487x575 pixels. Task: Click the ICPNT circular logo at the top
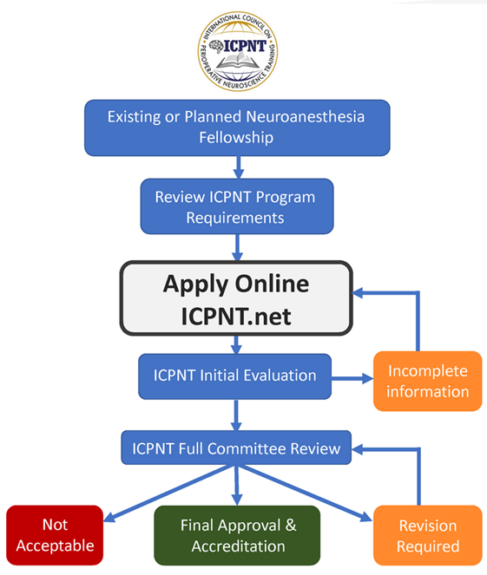coord(238,51)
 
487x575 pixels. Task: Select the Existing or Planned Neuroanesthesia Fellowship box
coord(237,127)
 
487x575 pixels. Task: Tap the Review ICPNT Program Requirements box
coord(237,206)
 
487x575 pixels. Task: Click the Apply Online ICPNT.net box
coord(236,298)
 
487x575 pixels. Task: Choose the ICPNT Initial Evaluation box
coord(235,376)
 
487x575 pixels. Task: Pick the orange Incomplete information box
coord(428,381)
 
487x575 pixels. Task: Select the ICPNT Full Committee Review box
coord(236,448)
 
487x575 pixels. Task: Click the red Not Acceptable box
coord(55,535)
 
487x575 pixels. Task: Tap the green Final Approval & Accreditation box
coord(237,535)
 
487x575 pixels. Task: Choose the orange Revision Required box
coord(428,535)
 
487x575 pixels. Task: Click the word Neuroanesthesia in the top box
coord(306,117)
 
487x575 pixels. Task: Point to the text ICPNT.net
coord(236,316)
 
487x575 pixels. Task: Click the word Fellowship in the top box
coord(236,138)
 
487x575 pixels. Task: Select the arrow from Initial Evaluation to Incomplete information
coord(352,378)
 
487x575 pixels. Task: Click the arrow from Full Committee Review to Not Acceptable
coord(169,493)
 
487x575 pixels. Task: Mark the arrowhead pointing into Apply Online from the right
coord(358,293)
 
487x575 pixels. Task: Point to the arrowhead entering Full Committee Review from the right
coord(357,449)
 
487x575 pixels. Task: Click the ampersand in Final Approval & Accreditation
coord(291,525)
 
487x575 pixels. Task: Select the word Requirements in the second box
coord(235,219)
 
